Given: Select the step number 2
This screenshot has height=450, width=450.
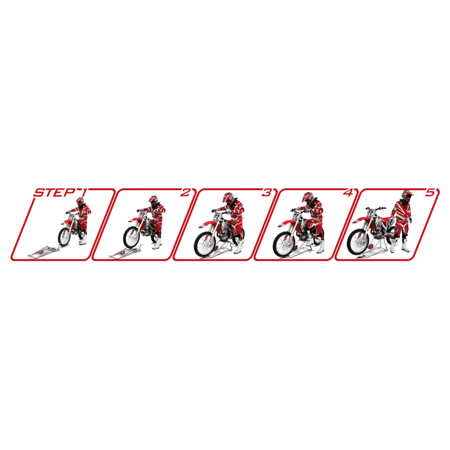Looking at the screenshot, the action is (x=185, y=192).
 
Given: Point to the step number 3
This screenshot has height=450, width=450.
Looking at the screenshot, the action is (x=266, y=192).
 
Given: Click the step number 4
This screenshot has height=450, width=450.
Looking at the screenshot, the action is (x=348, y=192).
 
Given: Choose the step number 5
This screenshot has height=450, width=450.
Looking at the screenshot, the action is (x=430, y=192).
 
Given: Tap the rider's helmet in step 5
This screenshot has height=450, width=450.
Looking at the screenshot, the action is (x=407, y=195).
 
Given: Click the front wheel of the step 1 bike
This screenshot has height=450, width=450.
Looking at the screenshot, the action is (x=64, y=236).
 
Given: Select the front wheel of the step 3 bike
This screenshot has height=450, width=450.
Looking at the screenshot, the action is (x=205, y=244).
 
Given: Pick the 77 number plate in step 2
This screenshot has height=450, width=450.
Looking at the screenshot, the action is (x=142, y=215).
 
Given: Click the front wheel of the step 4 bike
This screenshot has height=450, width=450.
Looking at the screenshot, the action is (x=284, y=244).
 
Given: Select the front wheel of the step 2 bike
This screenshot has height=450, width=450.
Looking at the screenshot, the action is (x=132, y=237).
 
